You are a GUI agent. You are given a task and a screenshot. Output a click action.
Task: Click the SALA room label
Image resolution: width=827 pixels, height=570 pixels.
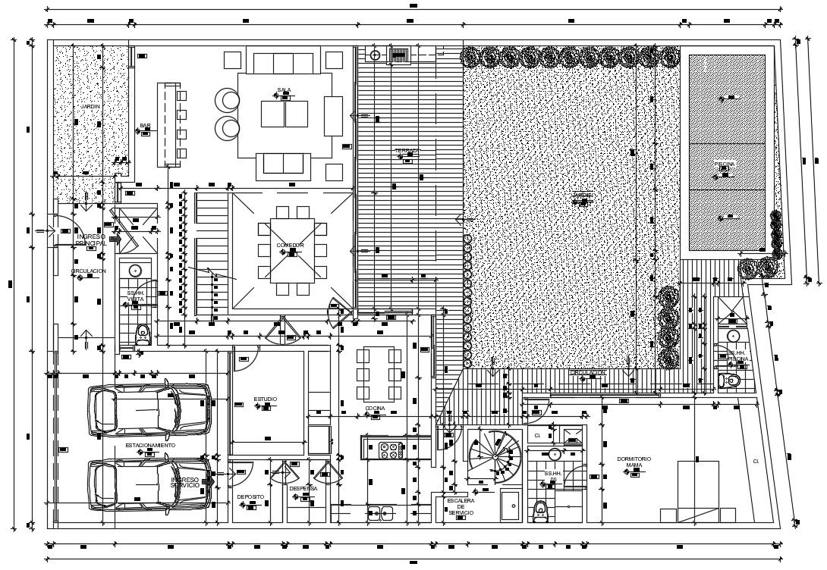point(285,90)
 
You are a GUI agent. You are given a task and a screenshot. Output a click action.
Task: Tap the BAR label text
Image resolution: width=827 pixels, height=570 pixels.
point(144,127)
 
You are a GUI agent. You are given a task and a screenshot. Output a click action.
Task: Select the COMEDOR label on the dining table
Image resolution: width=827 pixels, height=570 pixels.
point(290,246)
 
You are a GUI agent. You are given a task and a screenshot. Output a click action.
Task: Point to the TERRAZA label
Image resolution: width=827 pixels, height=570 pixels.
point(407,152)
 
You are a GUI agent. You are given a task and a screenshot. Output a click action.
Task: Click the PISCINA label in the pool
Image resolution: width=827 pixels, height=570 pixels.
point(725,164)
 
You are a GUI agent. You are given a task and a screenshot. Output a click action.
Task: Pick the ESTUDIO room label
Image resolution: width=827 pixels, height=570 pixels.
point(265,399)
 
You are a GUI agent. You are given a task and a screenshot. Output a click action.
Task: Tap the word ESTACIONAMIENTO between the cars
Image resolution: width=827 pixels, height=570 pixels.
point(150,445)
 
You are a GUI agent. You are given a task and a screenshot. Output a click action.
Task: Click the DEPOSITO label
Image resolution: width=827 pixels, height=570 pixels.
point(250,497)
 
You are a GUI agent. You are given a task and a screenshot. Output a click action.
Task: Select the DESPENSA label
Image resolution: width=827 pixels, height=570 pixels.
point(303,489)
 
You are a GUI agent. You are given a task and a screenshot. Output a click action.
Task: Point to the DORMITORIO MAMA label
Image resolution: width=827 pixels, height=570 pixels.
point(634,462)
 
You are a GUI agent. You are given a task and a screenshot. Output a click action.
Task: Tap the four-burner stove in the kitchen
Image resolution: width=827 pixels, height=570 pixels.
point(391,449)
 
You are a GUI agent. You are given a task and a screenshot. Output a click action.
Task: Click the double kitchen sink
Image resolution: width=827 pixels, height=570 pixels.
point(380,513)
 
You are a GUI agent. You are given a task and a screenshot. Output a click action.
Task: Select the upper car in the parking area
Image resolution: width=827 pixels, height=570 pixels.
point(149,410)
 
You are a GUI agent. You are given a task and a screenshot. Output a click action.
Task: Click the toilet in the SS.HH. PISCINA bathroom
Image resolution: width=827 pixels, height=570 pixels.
point(731,381)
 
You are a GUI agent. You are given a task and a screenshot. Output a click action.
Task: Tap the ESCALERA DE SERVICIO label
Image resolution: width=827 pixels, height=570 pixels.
point(461,507)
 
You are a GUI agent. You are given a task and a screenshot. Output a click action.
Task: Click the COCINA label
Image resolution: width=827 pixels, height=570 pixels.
point(375,409)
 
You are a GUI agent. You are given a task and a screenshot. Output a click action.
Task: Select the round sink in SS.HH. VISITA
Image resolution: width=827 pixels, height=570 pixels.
point(136,270)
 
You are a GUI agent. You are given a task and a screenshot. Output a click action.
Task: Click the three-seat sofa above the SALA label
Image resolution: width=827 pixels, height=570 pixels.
point(282,62)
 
